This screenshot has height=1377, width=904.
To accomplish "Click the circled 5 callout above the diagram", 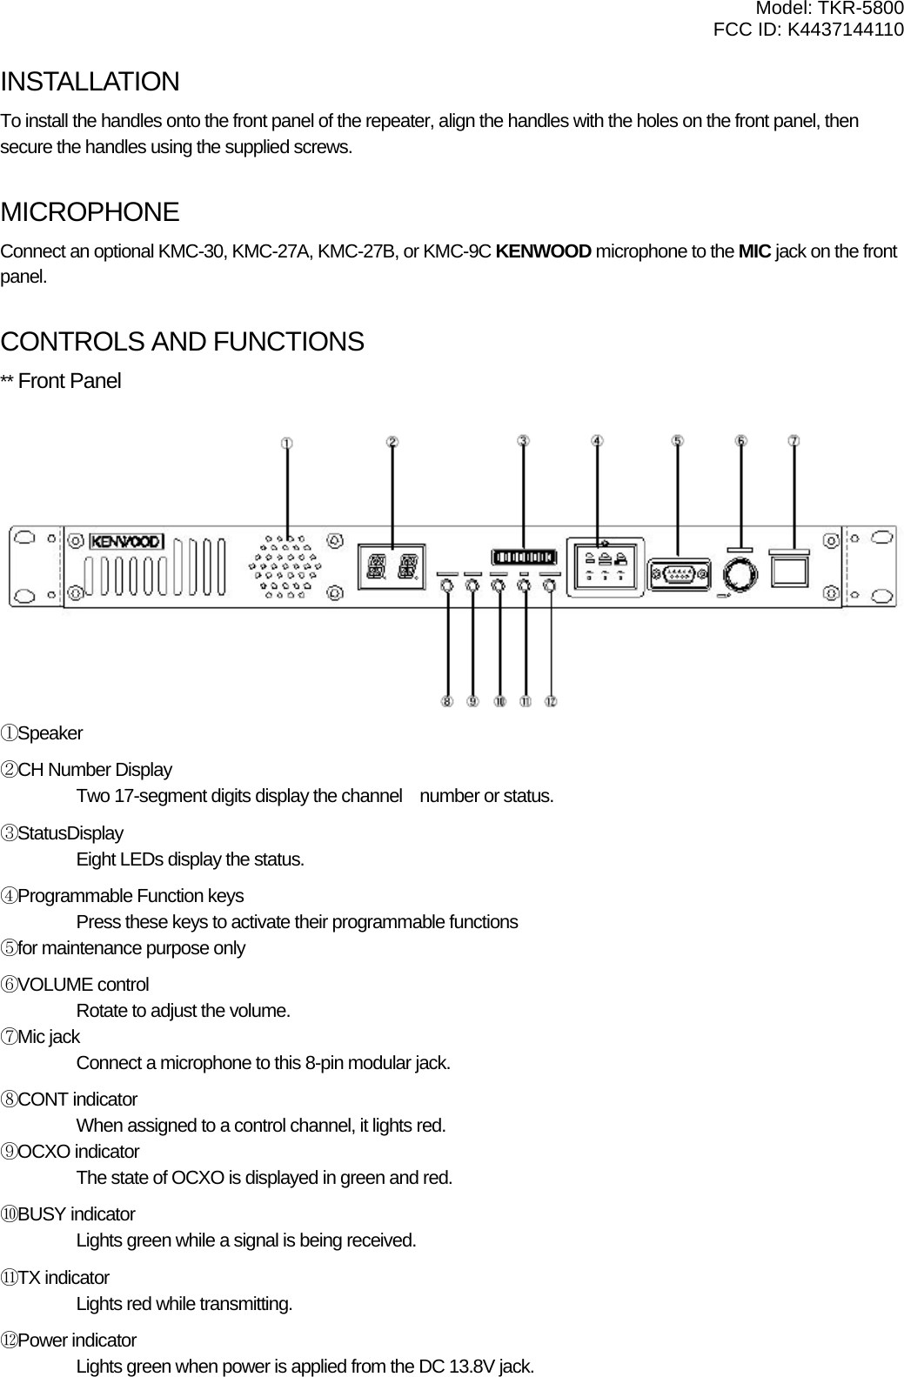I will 678,441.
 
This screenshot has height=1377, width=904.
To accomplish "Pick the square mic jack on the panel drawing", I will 789,572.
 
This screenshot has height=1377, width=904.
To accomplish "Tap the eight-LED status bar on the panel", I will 523,557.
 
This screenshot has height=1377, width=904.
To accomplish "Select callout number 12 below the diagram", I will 551,700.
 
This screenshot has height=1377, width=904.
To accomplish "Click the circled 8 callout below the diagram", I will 447,700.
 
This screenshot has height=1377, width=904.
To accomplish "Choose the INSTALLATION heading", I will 90,83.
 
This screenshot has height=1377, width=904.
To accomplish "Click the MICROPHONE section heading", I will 90,212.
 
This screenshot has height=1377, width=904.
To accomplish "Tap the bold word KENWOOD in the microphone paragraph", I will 549,253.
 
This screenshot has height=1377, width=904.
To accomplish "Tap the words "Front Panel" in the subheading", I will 70,382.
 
